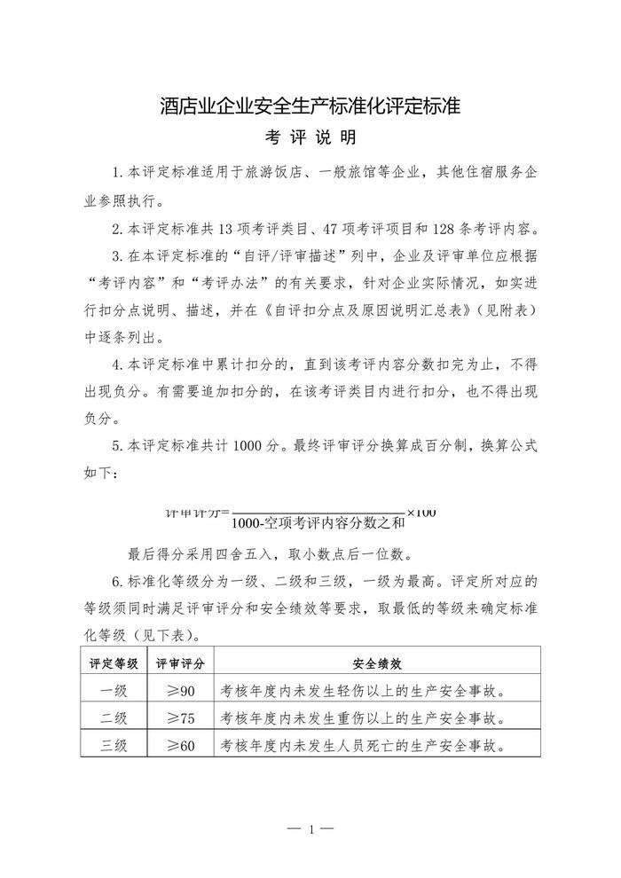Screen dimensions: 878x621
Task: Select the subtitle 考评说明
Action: click(x=310, y=139)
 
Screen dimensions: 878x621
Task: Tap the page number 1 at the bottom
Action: click(x=310, y=830)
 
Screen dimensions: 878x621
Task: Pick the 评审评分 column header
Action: click(x=182, y=662)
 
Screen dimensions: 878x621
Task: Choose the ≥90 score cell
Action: click(x=181, y=690)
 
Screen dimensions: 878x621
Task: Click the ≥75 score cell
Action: click(x=181, y=717)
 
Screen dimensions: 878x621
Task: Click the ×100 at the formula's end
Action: click(x=422, y=513)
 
